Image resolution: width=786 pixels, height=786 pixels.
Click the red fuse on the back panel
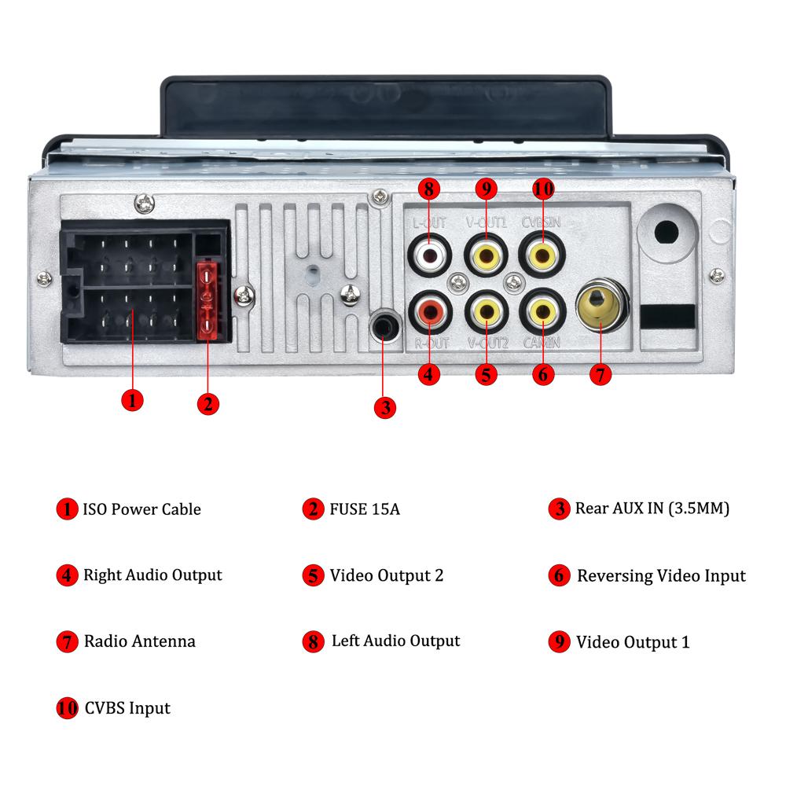pyautogui.click(x=207, y=301)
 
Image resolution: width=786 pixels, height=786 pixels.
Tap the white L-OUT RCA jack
pyautogui.click(x=429, y=255)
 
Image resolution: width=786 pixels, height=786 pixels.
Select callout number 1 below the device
pyautogui.click(x=132, y=399)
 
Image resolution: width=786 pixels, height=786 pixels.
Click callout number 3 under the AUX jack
pyautogui.click(x=384, y=407)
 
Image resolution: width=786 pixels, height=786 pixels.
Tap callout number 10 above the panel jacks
pyautogui.click(x=542, y=189)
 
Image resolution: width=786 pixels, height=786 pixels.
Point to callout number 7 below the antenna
pyautogui.click(x=600, y=375)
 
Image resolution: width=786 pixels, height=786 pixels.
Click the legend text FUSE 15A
pyautogui.click(x=365, y=509)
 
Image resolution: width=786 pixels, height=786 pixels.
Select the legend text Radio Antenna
pyautogui.click(x=139, y=641)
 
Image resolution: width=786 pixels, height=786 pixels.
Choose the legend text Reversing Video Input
pyautogui.click(x=660, y=576)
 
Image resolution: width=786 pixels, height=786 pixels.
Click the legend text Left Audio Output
pyautogui.click(x=395, y=641)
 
